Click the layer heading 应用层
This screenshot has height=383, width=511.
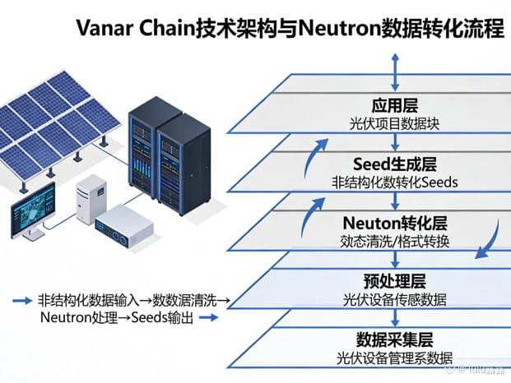397,107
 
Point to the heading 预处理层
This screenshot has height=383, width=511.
397,282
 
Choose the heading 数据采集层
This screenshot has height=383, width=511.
397,339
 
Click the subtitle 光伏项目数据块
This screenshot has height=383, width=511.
397,123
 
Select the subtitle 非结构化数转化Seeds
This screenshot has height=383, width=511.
397,182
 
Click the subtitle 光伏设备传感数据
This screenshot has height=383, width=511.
397,300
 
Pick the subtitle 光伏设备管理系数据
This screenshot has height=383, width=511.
397,358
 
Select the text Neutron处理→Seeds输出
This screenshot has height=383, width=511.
115,318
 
